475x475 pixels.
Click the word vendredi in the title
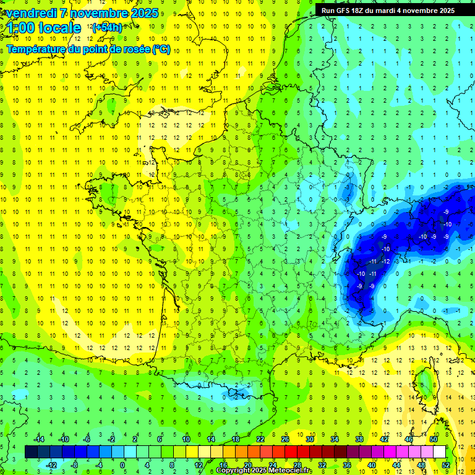[x=32, y=13]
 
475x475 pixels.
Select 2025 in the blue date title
[x=143, y=13]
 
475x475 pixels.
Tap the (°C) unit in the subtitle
[x=161, y=49]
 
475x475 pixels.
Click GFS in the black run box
[x=344, y=11]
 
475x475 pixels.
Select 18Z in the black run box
[x=361, y=11]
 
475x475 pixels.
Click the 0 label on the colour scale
[x=122, y=464]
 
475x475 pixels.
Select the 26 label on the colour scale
[x=285, y=439]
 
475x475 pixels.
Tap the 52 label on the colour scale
[x=446, y=464]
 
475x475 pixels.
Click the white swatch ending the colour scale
[x=439, y=452]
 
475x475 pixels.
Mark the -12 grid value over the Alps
[x=385, y=261]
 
